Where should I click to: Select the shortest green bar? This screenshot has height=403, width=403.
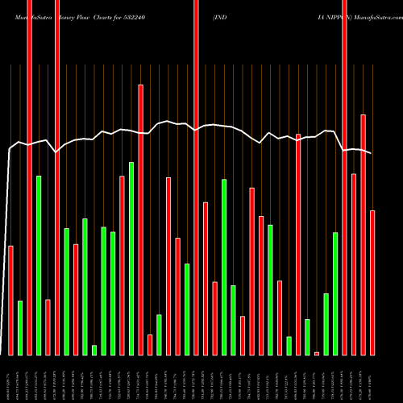[94, 350]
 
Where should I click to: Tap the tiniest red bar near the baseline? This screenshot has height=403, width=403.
[317, 353]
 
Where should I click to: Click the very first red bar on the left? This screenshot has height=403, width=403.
[10, 300]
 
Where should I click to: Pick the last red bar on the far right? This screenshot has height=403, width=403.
[372, 282]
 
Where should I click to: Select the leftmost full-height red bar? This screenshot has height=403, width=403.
[29, 177]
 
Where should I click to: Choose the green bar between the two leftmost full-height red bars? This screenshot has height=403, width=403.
[39, 265]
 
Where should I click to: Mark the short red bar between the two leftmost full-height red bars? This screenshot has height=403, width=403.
[48, 326]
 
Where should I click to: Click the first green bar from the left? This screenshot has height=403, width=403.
[20, 327]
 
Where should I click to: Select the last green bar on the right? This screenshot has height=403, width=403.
[335, 293]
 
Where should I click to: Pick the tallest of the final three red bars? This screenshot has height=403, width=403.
[363, 235]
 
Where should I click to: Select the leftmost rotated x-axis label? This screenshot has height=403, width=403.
[10, 379]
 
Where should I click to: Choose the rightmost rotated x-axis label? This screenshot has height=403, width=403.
[372, 379]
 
